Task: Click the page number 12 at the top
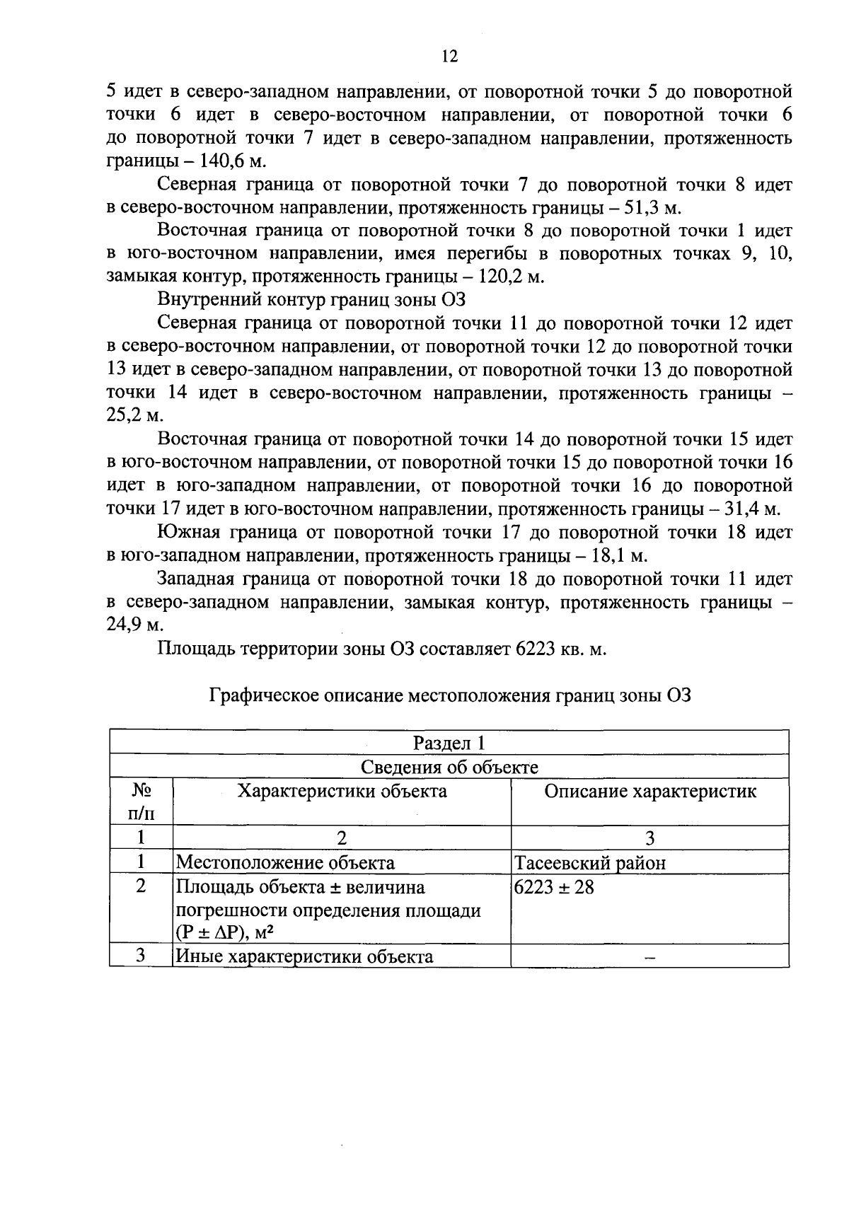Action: [449, 57]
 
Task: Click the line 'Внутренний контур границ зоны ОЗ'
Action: [311, 301]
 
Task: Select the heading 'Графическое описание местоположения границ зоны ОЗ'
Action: [449, 695]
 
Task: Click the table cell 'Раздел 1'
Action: [449, 743]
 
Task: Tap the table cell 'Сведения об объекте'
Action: [449, 767]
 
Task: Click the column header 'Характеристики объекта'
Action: [342, 791]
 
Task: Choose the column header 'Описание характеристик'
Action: [649, 791]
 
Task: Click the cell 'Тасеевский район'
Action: [590, 863]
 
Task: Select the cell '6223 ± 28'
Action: [554, 887]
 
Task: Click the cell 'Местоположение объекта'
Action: [285, 863]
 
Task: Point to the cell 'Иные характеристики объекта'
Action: [304, 957]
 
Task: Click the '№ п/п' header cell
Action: [141, 801]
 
